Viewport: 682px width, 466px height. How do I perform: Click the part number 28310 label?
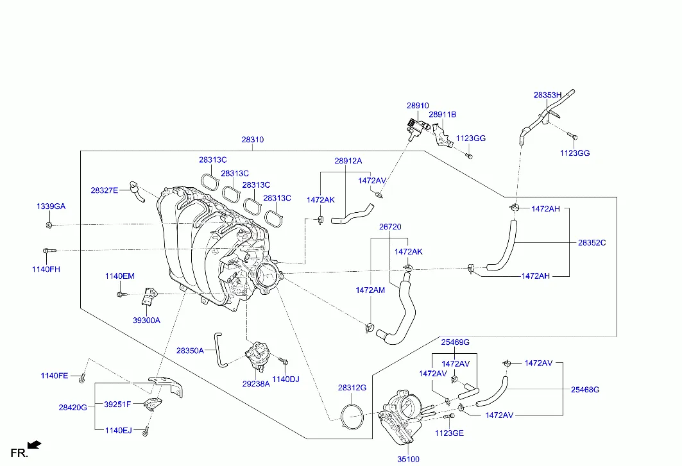[252, 140]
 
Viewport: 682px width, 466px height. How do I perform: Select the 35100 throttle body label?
[408, 459]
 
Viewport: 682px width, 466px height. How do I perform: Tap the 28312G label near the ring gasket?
[352, 388]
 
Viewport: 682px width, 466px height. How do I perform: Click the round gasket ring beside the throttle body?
[351, 416]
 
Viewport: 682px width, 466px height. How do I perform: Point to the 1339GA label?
[50, 206]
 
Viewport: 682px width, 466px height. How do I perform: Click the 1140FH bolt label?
[46, 269]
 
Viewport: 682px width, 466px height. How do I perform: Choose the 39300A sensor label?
[146, 320]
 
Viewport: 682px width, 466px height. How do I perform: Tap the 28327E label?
[104, 190]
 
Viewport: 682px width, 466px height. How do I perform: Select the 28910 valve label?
[417, 105]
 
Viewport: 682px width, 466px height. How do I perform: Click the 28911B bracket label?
[442, 115]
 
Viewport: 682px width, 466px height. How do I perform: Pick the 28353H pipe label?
[547, 95]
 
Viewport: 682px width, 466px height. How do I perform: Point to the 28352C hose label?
[592, 243]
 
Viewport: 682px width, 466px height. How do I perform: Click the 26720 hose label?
[389, 227]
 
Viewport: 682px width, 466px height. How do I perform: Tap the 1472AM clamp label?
[370, 290]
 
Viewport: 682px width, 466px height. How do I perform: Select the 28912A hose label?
[348, 161]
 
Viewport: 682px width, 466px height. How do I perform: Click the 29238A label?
[255, 384]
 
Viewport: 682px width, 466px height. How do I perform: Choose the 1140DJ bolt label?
[286, 379]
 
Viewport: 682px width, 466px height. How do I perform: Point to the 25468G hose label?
[585, 389]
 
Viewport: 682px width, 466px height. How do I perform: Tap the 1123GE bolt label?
[448, 433]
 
